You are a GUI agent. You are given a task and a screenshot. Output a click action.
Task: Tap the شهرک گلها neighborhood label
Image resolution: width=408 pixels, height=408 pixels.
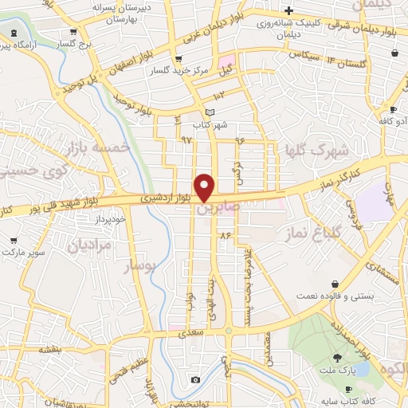[317, 150]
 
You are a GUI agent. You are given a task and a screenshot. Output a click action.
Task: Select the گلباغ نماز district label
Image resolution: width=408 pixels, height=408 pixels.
[314, 232]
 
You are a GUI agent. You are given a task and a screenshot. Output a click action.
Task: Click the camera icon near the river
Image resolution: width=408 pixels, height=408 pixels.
[195, 379]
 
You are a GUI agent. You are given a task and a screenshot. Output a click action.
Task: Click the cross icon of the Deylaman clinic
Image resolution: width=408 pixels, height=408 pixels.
[290, 10]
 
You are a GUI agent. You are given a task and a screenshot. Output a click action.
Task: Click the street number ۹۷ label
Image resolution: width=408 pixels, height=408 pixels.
[186, 139]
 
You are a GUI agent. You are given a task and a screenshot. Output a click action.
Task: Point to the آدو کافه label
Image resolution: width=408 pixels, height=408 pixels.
[393, 120]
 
